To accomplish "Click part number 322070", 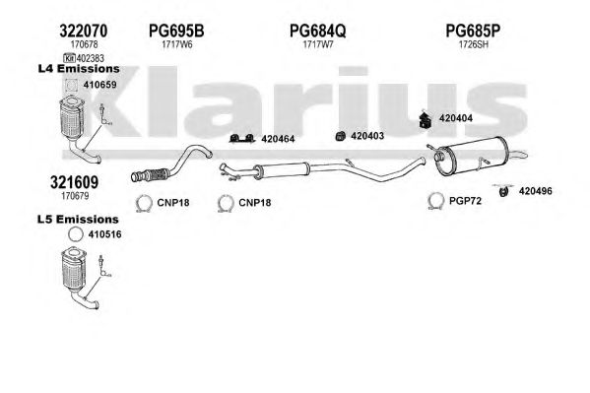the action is [83, 31].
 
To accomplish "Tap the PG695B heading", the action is [176, 31].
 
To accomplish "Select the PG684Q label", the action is [317, 31].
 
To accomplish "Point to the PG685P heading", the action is [473, 31].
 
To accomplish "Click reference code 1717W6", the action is [177, 44].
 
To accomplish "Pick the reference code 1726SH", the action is [474, 44].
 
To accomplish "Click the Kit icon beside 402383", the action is [69, 58].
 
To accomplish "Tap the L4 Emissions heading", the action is [79, 69].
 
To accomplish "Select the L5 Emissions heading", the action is [78, 219].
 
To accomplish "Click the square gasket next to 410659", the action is [70, 85].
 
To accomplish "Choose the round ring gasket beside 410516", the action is [75, 234].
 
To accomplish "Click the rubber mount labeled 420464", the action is [241, 139].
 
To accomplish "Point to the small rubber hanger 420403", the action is [341, 136].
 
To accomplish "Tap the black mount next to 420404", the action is [426, 119].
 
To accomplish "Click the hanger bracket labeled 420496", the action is [503, 190].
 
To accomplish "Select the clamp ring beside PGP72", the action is [435, 201].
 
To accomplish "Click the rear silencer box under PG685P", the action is [474, 157].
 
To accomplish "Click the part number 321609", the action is [74, 182].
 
